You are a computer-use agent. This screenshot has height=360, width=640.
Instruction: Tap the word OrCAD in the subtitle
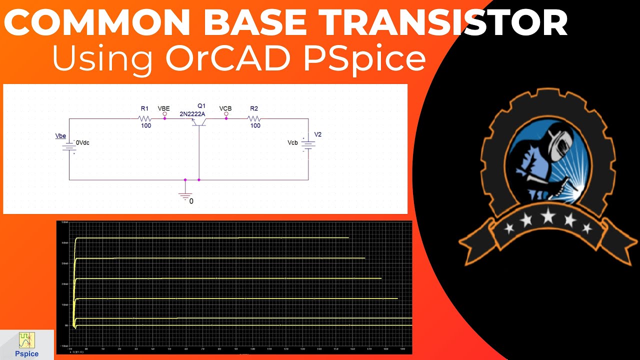click(x=226, y=58)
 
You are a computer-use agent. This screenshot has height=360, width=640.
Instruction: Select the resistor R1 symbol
click(x=144, y=118)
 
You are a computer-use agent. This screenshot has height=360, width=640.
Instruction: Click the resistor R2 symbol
click(x=254, y=118)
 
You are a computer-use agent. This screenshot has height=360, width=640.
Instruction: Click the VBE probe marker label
click(x=163, y=108)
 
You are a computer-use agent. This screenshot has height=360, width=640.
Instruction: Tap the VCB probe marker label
click(x=225, y=108)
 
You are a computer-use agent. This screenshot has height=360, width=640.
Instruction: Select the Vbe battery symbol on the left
click(x=69, y=145)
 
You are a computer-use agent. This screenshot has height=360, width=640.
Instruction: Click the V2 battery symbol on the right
click(x=308, y=145)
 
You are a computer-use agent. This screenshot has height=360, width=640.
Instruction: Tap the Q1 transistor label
click(x=201, y=106)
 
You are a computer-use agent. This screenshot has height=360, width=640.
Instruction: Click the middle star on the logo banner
click(x=548, y=216)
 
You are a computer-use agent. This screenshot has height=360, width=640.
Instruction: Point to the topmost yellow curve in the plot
click(x=210, y=238)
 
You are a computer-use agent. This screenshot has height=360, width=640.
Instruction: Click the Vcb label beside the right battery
click(x=293, y=143)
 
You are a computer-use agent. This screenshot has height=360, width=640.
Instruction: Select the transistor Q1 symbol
click(x=199, y=122)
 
